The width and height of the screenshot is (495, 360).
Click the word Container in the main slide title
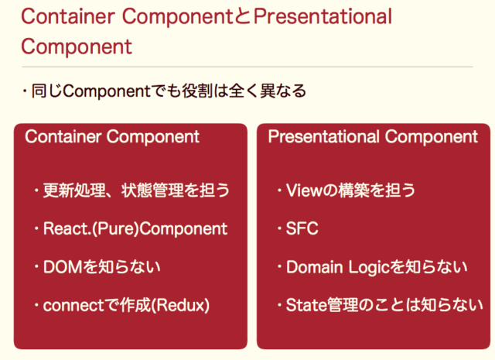click(x=65, y=16)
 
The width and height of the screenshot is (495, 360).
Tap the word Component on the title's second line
click(x=76, y=46)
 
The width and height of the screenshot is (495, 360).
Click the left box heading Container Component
click(x=112, y=137)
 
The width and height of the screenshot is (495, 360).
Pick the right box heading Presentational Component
click(x=373, y=137)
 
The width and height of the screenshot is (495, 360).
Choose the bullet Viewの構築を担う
click(x=350, y=190)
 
